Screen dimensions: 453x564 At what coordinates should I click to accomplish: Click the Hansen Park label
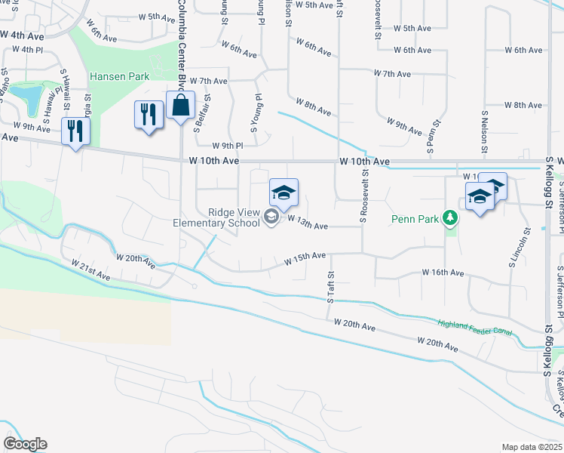point(120,76)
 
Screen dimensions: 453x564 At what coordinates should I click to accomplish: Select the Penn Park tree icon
point(450,218)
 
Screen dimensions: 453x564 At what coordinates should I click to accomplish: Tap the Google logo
point(25,443)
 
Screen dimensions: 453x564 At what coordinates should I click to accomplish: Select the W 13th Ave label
point(309,226)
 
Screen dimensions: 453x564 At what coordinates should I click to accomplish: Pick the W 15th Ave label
point(305,260)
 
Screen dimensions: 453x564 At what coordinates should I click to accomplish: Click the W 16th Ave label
point(443,272)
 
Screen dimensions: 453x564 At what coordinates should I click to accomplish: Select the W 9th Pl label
point(228,146)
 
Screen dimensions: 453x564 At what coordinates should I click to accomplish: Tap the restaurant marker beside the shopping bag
point(149,116)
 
